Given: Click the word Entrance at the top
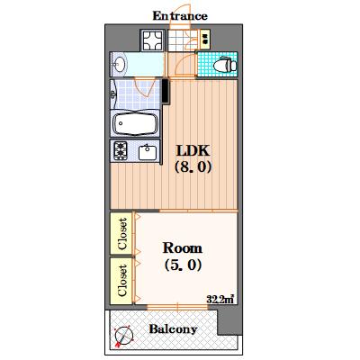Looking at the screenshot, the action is click(x=180, y=15).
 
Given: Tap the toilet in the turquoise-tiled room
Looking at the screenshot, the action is click(x=226, y=64).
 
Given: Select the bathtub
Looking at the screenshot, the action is click(x=135, y=123).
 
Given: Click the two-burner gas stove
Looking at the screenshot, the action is click(x=121, y=151).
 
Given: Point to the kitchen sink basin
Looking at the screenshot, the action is click(x=148, y=152).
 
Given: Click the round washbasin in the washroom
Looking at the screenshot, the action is click(x=120, y=64).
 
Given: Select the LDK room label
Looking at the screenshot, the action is click(x=193, y=150).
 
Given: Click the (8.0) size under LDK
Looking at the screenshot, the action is click(x=193, y=166).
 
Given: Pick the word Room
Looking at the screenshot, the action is click(x=182, y=248).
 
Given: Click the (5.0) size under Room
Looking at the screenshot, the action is click(x=183, y=265).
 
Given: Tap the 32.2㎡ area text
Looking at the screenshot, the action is click(x=220, y=299).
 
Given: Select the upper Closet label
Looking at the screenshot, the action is click(x=122, y=234).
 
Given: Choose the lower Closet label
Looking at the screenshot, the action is click(x=122, y=280).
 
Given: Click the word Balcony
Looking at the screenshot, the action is click(x=173, y=329).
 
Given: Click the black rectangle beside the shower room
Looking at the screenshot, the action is click(x=165, y=91).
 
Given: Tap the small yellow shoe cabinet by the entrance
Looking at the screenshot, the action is click(x=205, y=39).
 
